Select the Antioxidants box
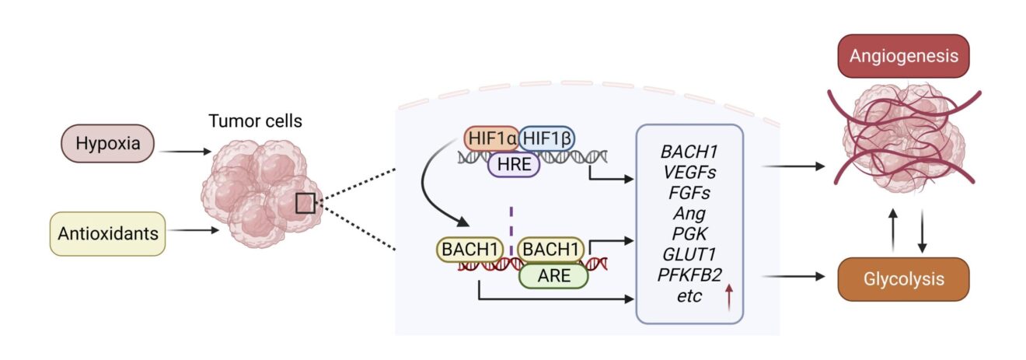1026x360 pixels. click(108, 232)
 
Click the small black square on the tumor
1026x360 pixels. click(305, 204)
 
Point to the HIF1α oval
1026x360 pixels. click(491, 138)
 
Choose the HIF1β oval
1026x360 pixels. click(546, 138)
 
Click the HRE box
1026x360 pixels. click(514, 165)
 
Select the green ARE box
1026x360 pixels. click(552, 275)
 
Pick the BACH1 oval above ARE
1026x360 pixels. click(551, 250)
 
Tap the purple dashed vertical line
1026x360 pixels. click(511, 222)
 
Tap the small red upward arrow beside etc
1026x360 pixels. click(728, 299)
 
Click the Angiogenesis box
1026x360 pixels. click(902, 56)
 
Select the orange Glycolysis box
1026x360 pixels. click(902, 278)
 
